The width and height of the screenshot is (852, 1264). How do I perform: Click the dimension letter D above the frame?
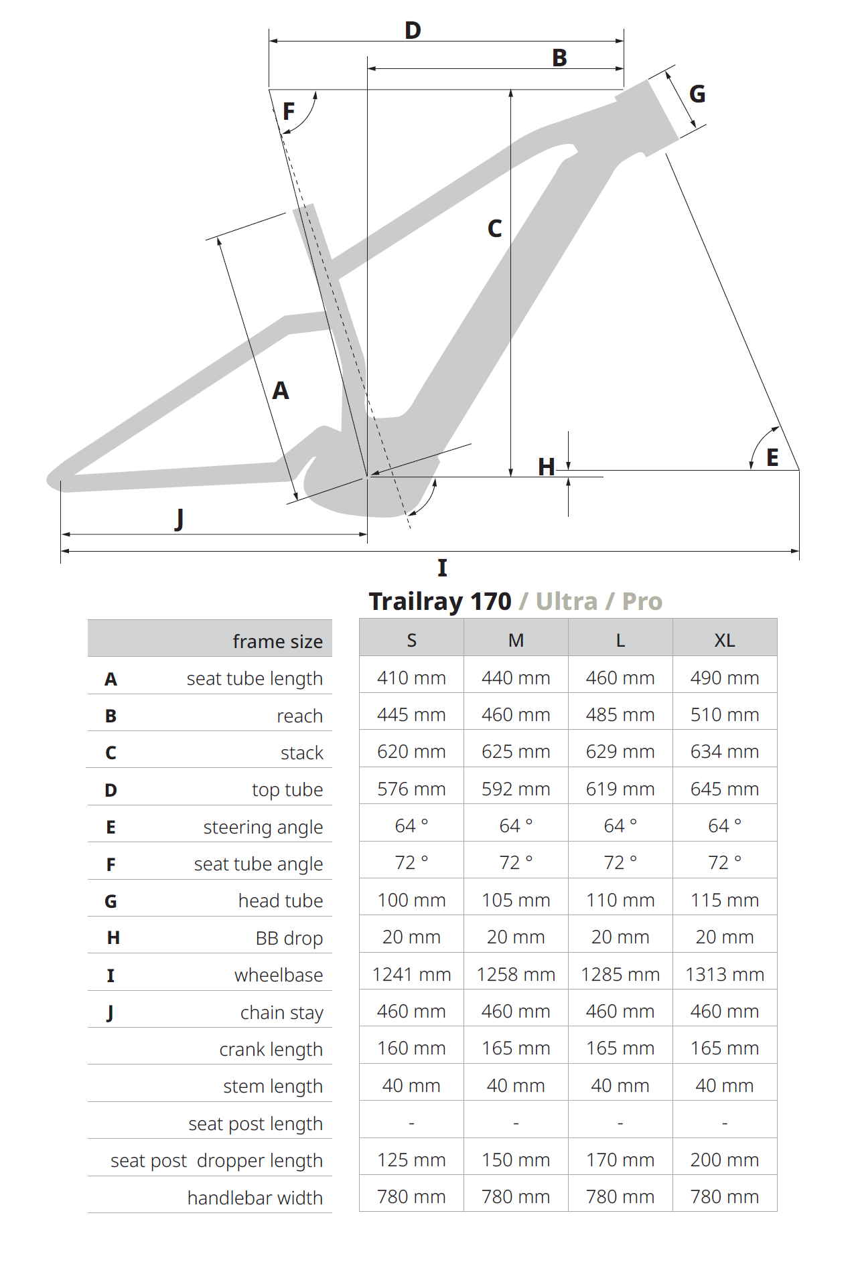pyautogui.click(x=413, y=30)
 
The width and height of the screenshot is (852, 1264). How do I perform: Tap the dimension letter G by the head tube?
pyautogui.click(x=697, y=94)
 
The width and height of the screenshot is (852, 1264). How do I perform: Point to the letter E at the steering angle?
pyautogui.click(x=772, y=457)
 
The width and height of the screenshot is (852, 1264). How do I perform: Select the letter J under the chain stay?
pyautogui.click(x=179, y=519)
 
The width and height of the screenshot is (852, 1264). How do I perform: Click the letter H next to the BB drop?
pyautogui.click(x=547, y=467)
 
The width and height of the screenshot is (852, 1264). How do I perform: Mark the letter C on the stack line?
pyautogui.click(x=494, y=229)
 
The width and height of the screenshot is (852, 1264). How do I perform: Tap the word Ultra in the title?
pyautogui.click(x=566, y=601)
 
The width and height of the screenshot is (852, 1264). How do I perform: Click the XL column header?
pyautogui.click(x=725, y=641)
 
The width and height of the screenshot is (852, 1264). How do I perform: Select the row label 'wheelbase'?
pyautogui.click(x=279, y=975)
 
